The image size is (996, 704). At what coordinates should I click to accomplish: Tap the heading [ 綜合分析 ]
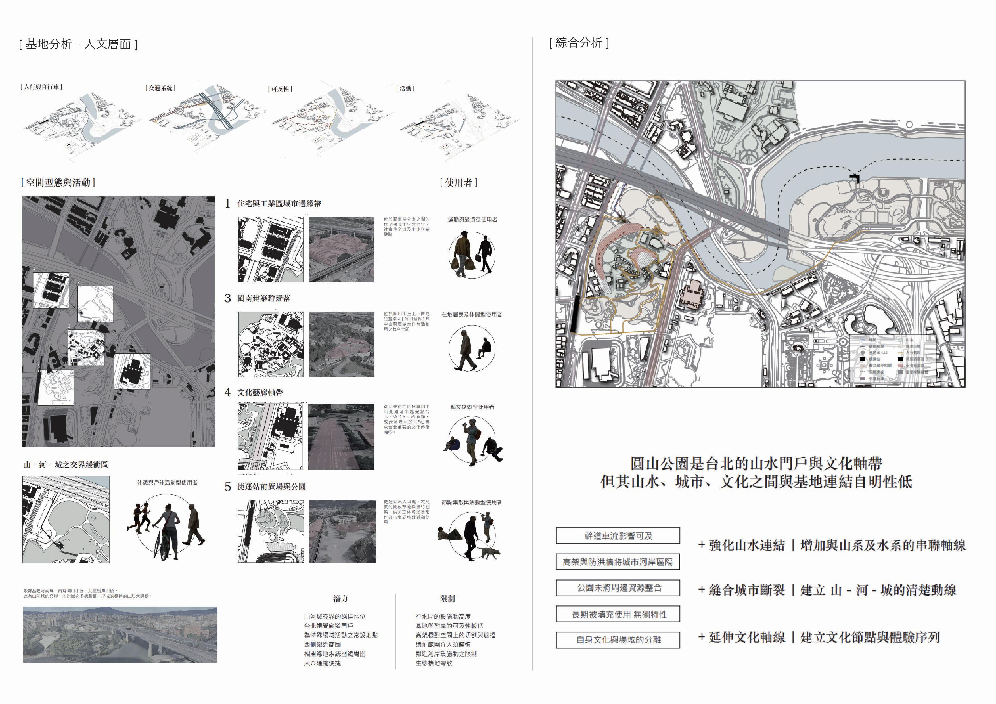(579, 43)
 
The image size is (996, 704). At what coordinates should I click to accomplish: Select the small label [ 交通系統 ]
(160, 88)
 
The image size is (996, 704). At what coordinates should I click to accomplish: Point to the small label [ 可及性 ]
(280, 89)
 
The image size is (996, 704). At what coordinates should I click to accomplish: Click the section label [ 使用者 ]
(459, 182)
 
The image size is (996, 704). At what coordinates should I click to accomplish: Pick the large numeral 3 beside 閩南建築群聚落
(228, 298)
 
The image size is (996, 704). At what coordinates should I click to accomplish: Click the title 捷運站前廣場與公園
(271, 487)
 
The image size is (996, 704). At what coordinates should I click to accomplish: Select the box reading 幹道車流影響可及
(618, 536)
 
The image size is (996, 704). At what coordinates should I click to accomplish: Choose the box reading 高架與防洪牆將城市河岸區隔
(618, 562)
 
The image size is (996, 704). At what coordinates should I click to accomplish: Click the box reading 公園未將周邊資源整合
(618, 588)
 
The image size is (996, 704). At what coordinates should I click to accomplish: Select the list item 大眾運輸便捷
(322, 663)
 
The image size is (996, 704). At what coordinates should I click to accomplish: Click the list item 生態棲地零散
(434, 663)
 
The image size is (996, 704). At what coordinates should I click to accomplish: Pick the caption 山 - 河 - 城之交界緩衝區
(66, 465)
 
